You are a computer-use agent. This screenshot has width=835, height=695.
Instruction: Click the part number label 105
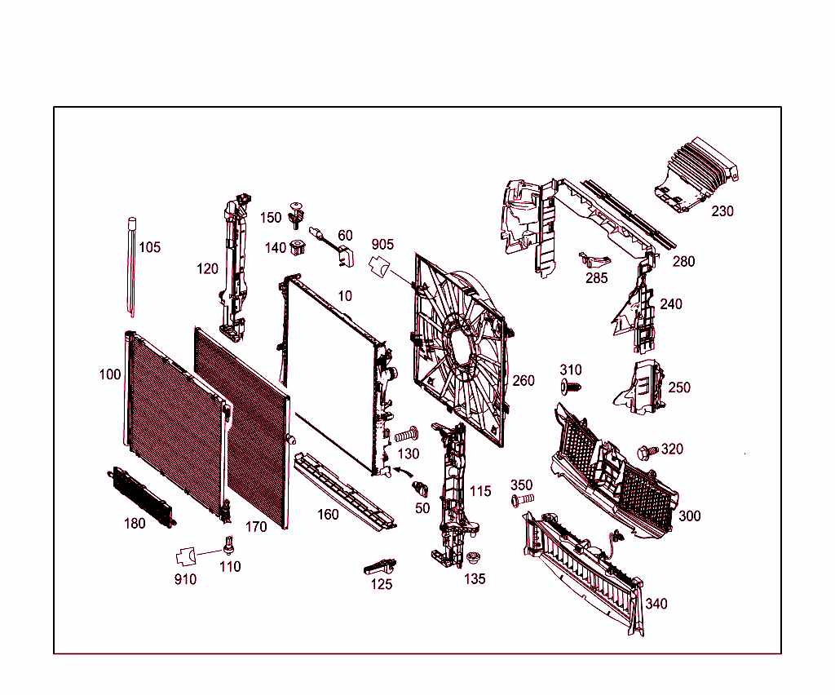(x=149, y=247)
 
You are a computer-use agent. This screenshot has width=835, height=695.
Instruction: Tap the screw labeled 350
(x=521, y=498)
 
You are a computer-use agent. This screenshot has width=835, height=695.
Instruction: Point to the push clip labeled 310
(x=570, y=385)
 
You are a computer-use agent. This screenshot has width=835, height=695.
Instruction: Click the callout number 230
(x=722, y=210)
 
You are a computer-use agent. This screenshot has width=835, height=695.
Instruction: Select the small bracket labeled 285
(x=593, y=259)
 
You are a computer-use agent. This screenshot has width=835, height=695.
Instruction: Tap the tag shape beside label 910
(x=186, y=557)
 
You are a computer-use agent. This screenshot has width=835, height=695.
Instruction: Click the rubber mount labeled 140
(x=299, y=246)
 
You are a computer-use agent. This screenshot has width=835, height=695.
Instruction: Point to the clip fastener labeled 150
(x=296, y=214)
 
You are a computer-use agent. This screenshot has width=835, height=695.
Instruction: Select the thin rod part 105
(x=131, y=265)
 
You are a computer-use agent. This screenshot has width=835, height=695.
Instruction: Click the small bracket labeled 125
(x=378, y=565)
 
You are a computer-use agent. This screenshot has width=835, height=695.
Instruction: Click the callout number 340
(x=656, y=604)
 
